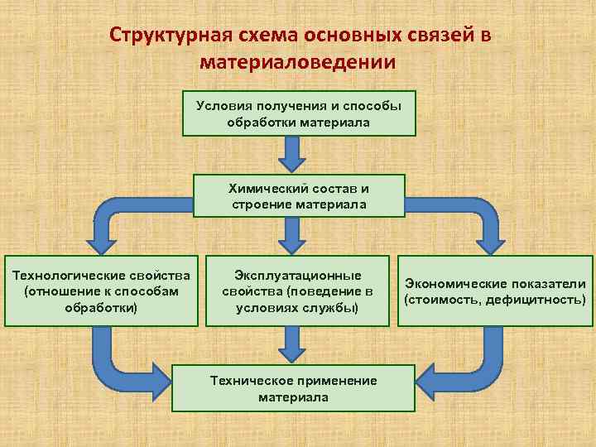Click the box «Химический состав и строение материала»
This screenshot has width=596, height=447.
pyautogui.click(x=299, y=195)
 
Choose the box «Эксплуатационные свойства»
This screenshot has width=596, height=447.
pyautogui.click(x=298, y=290)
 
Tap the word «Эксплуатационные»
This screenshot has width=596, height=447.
pyautogui.click(x=298, y=275)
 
